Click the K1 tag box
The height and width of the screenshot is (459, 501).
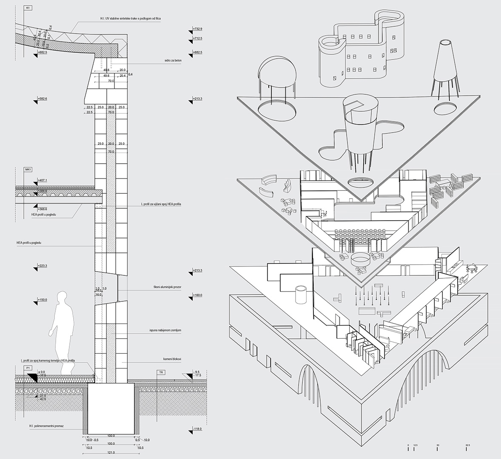[28, 8]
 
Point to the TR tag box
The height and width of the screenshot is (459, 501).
[160, 372]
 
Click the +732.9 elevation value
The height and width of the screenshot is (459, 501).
[197, 28]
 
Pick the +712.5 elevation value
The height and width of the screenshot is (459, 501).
[197, 38]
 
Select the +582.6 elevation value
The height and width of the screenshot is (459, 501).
[42, 99]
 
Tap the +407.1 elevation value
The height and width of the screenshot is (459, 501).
[42, 181]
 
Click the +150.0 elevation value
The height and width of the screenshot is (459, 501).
[42, 300]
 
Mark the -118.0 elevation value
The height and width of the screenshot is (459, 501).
[197, 429]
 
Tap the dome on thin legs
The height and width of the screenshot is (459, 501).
[275, 72]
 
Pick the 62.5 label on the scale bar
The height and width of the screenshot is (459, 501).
[468, 445]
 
